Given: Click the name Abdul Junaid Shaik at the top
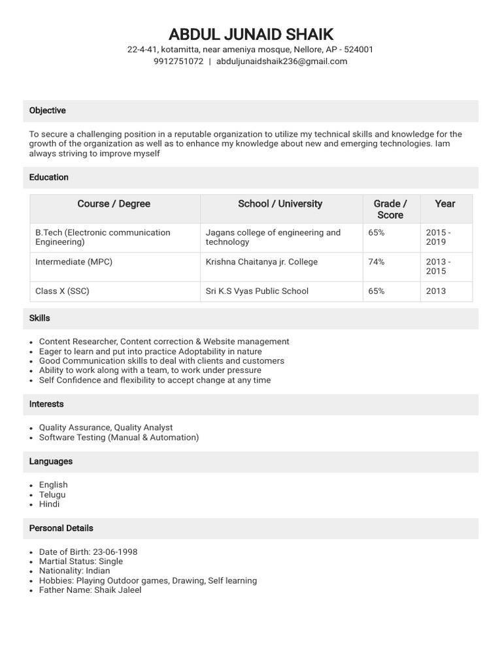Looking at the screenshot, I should [x=251, y=35].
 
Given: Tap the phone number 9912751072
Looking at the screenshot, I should [x=178, y=62].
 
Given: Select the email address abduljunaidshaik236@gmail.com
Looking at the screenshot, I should [x=282, y=62].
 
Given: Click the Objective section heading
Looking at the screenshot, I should [x=48, y=111].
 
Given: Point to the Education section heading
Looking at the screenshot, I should [x=49, y=177].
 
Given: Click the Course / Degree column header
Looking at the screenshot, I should [x=114, y=204].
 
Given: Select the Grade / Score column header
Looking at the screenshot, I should [x=390, y=209].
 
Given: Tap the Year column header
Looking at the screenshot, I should [x=444, y=204].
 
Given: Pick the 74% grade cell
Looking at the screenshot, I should [x=376, y=262].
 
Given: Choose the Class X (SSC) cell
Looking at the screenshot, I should [x=62, y=291].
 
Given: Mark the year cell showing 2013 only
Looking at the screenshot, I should [x=436, y=291].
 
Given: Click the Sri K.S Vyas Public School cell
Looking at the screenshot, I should [x=257, y=291].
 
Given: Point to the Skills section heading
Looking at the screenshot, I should [x=40, y=318].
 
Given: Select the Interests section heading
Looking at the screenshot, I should [x=46, y=404].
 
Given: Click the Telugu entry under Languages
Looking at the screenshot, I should [x=52, y=495].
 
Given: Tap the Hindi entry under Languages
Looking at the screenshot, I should [x=49, y=504].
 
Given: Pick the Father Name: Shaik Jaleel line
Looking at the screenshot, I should [x=90, y=590].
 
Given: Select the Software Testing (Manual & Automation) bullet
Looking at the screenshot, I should [x=119, y=438].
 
